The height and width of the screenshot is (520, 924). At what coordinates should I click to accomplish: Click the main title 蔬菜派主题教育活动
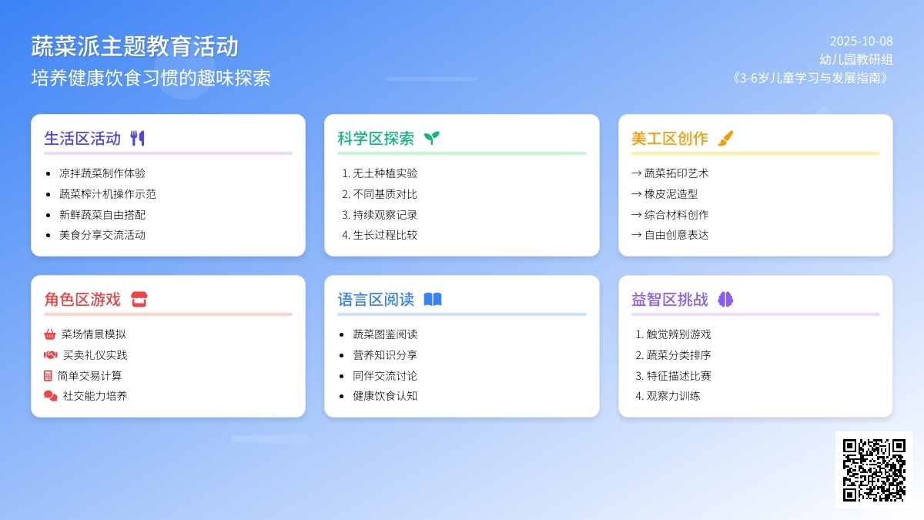click(135, 46)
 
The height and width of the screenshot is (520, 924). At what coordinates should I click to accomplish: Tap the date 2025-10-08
click(862, 41)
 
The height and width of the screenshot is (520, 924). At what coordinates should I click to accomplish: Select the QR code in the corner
click(874, 470)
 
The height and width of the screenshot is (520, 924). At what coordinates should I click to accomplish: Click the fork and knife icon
click(137, 138)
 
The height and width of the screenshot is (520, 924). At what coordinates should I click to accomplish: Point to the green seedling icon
click(432, 138)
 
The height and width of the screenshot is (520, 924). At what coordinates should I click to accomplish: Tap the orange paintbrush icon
click(725, 138)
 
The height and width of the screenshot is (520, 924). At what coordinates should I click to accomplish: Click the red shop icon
click(139, 299)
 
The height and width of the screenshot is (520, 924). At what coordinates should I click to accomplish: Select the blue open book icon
click(433, 299)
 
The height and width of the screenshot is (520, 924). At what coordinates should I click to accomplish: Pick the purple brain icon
click(725, 299)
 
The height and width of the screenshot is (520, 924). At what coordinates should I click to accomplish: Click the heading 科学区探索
click(376, 138)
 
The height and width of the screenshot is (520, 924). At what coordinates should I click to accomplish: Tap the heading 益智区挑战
click(669, 299)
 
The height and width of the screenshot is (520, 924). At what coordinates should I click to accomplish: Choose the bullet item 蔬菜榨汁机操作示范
click(108, 194)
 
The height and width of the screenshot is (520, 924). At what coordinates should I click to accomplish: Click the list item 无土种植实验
click(385, 173)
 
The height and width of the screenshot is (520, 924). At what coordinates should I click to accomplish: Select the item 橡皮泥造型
click(671, 194)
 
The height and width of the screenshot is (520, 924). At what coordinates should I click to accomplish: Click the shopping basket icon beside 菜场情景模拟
click(50, 334)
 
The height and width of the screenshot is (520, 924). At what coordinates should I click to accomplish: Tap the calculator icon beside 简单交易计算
click(48, 376)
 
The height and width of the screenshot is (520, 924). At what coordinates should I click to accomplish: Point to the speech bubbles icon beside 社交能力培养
click(50, 396)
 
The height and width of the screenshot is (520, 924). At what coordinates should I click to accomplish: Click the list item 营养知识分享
click(385, 355)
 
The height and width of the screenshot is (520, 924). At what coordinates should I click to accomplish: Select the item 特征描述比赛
click(678, 376)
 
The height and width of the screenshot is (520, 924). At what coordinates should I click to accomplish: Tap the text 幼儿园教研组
click(856, 59)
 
